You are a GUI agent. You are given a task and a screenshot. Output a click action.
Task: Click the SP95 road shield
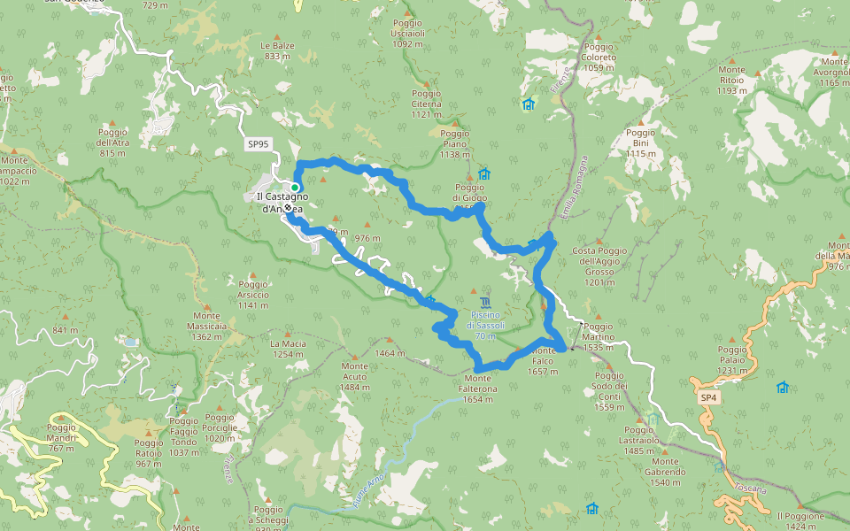click(258, 143)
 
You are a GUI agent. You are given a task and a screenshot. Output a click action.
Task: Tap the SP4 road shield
click(707, 398)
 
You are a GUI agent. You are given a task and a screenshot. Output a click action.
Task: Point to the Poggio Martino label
click(599, 337)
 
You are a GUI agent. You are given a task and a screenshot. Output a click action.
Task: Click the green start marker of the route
click(294, 188)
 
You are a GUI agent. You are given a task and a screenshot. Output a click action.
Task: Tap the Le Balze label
click(276, 50)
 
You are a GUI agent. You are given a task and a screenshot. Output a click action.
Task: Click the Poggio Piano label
click(455, 143)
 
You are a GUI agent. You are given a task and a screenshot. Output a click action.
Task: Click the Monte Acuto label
click(354, 377)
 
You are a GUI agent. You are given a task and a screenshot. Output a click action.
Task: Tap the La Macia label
click(288, 349)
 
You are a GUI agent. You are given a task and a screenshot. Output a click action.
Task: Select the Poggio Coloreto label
click(599, 57)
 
